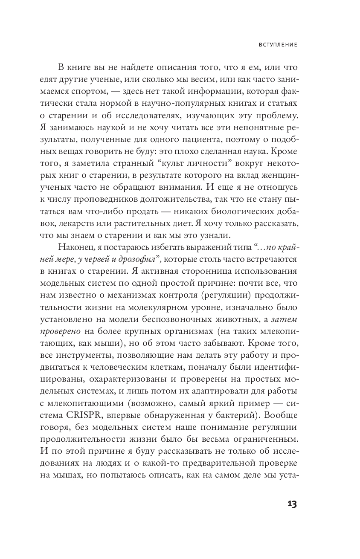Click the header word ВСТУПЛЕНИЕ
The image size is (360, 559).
[x=278, y=44]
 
